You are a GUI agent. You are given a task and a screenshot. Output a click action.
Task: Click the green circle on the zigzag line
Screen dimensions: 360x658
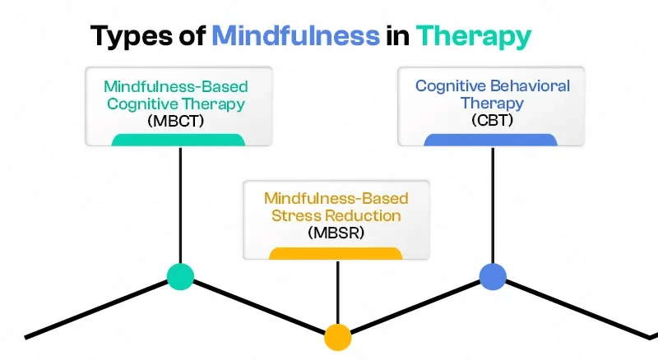180,277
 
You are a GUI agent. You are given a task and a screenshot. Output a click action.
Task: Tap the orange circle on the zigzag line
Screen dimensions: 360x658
337,336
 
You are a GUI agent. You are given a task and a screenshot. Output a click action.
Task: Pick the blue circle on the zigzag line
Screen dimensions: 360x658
493,277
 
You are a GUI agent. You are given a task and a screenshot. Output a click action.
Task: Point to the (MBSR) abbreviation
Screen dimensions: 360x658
337,233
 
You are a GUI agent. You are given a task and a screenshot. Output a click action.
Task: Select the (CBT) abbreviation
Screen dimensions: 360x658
493,122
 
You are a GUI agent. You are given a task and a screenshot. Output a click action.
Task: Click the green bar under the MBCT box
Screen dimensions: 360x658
178,140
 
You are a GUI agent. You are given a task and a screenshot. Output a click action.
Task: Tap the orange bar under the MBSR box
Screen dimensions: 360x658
336,252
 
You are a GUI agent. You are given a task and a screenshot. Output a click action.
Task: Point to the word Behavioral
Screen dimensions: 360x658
531,85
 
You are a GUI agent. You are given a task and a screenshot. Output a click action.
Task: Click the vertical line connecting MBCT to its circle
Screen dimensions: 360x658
180,205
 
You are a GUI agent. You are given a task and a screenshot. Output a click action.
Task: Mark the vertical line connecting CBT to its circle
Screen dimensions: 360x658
493,205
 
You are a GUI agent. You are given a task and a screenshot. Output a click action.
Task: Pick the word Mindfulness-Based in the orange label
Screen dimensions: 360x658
336,198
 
